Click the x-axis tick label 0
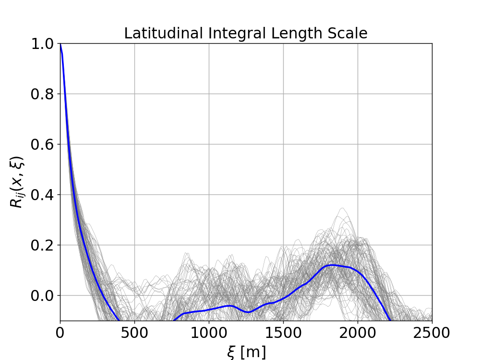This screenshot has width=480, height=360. (x=60, y=332)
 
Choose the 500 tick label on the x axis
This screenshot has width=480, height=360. (x=134, y=332)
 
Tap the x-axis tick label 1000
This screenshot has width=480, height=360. (x=209, y=332)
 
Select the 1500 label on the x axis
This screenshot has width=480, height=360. (x=283, y=332)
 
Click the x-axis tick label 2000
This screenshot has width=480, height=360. (x=358, y=332)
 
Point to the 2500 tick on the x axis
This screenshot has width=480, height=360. (x=432, y=332)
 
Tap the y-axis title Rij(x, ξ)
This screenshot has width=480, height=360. (x=17, y=182)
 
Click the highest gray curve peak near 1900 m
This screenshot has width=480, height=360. (x=342, y=208)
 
